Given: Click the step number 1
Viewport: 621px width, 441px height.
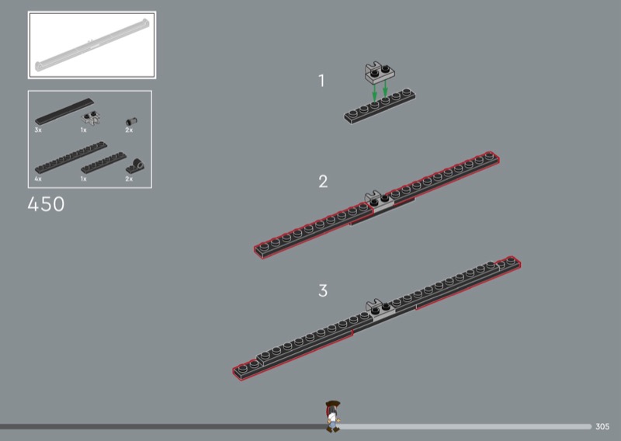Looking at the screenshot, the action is (x=321, y=81).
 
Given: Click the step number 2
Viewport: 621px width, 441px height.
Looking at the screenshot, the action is (x=323, y=182).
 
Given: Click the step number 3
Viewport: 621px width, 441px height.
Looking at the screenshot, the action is (x=323, y=290).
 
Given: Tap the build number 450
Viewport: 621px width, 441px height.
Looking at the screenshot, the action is (x=46, y=204).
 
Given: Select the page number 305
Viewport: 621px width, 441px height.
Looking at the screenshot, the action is (x=602, y=427).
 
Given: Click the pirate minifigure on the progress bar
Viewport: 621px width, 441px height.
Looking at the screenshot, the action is (x=333, y=416).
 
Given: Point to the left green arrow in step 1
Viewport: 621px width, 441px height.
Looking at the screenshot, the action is (x=374, y=92).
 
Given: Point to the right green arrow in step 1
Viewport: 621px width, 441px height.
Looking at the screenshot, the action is (x=385, y=89).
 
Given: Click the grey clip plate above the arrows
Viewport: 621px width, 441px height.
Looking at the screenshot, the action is (x=380, y=72).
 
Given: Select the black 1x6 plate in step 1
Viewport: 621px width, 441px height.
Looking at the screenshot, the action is (x=380, y=106).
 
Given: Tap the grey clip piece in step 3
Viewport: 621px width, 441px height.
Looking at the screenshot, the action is (x=380, y=309).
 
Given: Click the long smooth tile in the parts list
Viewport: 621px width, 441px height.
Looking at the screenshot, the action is (x=64, y=111).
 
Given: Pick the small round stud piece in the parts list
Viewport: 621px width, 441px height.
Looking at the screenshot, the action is (x=131, y=121).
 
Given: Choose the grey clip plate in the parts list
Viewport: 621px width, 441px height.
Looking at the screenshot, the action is (x=90, y=118).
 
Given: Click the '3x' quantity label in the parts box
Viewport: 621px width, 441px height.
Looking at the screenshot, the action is (x=38, y=130).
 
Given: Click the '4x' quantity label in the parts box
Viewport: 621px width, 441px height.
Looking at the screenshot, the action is (x=38, y=179).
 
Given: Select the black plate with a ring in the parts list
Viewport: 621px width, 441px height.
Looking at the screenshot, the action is (x=135, y=166).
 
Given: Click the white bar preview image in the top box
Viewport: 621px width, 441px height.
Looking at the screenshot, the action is (x=92, y=45).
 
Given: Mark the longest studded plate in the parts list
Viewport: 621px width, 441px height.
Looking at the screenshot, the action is (x=71, y=158).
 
